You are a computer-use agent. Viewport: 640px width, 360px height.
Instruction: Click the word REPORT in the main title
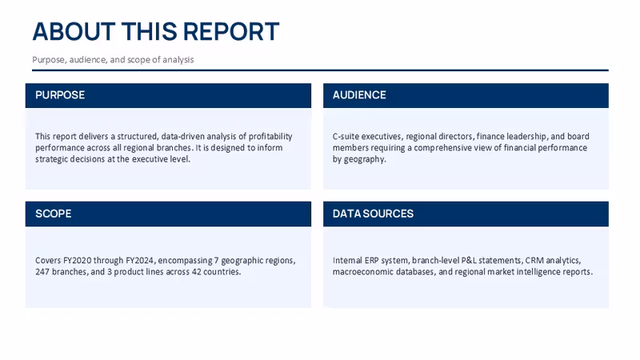(x=231, y=31)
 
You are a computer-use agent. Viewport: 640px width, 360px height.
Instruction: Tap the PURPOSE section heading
(x=60, y=95)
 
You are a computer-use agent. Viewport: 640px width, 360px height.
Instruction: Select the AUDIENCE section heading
(x=359, y=95)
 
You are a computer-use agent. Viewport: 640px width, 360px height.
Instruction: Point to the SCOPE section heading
(x=54, y=214)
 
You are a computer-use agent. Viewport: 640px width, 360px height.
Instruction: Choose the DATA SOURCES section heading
(x=373, y=214)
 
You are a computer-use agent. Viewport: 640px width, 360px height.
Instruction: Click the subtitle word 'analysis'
(x=178, y=59)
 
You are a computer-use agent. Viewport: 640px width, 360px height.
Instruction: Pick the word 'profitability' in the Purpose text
(x=270, y=136)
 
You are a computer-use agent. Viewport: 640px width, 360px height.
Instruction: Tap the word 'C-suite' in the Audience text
(x=346, y=136)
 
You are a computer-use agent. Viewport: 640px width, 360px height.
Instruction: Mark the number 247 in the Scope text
(x=42, y=272)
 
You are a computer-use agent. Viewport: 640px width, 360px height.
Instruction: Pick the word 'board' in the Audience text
(x=578, y=136)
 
